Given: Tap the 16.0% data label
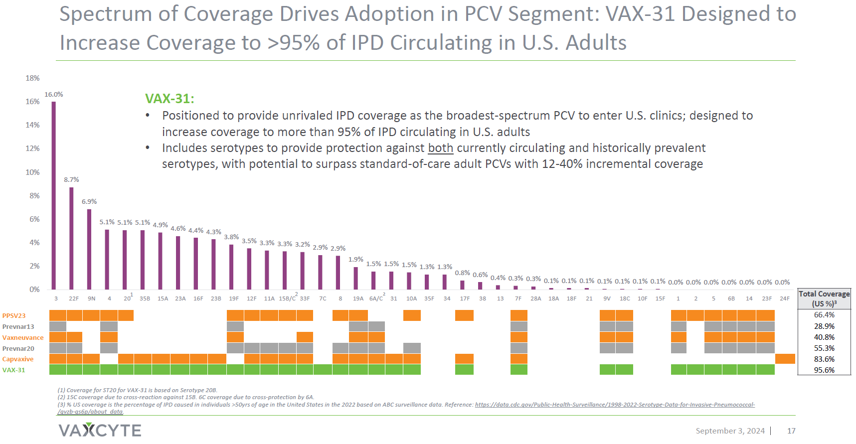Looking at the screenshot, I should [54, 95].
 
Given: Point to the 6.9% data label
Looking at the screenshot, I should [89, 202].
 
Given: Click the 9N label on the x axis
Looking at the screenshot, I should [92, 298].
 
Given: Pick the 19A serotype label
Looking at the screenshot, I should [358, 298].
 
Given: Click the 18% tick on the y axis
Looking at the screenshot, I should [33, 78].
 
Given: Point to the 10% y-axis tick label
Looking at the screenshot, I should [33, 172].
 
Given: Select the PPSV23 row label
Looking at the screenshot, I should [14, 316].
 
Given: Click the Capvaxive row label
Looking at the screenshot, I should [18, 359].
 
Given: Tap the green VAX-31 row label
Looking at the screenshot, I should [14, 370].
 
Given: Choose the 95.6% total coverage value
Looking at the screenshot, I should [824, 370].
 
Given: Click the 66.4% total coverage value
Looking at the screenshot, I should [824, 315].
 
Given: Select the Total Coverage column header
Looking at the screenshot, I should [824, 298].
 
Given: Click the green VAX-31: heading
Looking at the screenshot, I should [170, 99].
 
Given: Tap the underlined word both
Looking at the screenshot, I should [441, 148].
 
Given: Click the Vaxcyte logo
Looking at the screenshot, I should [100, 430].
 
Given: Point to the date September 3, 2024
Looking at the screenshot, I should [730, 431].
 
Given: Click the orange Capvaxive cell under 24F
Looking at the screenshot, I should [785, 359].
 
